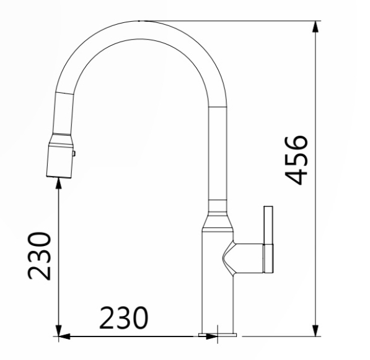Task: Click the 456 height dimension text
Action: click(x=299, y=159)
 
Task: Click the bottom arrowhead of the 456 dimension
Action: click(x=317, y=329)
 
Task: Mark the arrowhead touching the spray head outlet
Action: click(x=58, y=182)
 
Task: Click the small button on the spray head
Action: click(x=74, y=153)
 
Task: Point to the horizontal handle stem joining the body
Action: click(x=248, y=257)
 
